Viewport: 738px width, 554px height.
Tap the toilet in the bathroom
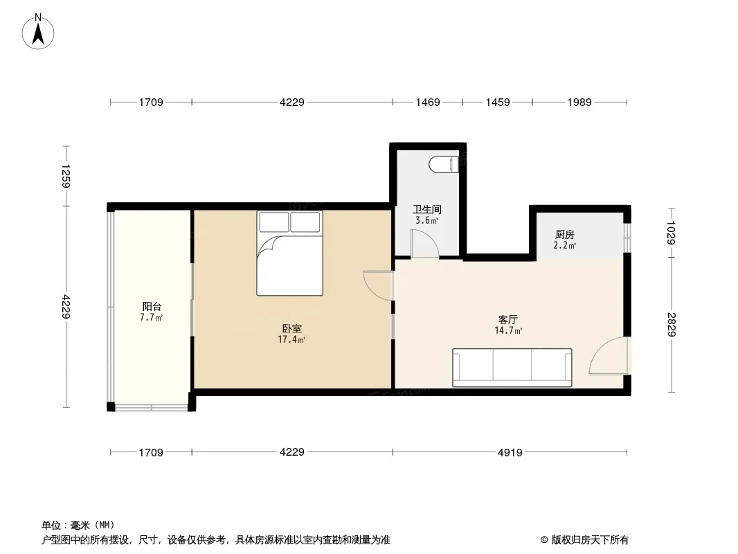click(x=444, y=164)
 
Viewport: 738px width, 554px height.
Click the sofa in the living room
click(x=512, y=368)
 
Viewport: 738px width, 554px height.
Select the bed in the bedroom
click(x=289, y=253)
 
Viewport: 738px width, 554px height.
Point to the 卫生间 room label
click(x=427, y=209)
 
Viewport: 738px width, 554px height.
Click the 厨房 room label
click(x=565, y=234)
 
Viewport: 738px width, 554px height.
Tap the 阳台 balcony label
click(x=152, y=306)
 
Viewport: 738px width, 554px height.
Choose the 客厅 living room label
click(x=508, y=320)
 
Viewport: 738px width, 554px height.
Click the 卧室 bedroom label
click(x=292, y=328)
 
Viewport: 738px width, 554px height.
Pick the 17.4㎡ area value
click(x=292, y=339)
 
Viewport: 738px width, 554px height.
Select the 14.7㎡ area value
click(x=508, y=330)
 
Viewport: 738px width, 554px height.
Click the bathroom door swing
click(x=424, y=243)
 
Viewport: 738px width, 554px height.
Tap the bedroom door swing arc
click(x=378, y=285)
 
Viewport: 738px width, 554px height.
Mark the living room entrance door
click(x=608, y=356)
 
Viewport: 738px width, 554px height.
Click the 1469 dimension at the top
click(x=428, y=102)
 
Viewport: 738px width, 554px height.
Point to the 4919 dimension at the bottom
click(x=510, y=452)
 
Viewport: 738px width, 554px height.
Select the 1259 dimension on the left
click(x=66, y=176)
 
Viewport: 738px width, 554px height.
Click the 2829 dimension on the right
click(x=672, y=325)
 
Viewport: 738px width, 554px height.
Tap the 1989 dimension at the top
click(x=579, y=102)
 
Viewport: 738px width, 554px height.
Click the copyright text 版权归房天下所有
click(x=590, y=540)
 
